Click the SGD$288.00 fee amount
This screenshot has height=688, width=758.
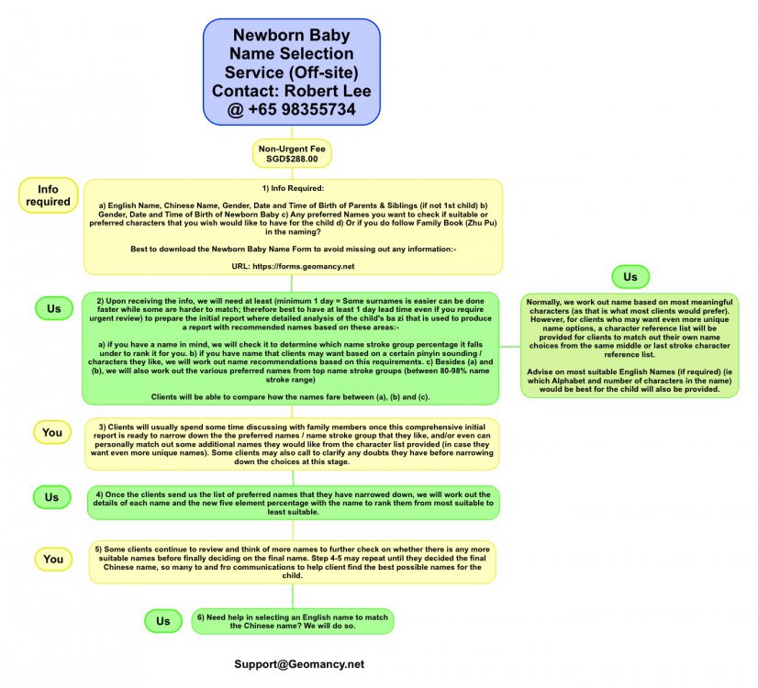[292, 159]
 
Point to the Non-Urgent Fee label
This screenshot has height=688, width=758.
[292, 148]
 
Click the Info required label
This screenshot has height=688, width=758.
[48, 195]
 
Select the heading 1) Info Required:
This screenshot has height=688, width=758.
[292, 188]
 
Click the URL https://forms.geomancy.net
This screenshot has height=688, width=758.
[292, 265]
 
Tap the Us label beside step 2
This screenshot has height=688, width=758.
[54, 308]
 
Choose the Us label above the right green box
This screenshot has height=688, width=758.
[630, 276]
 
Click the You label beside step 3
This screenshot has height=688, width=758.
[53, 431]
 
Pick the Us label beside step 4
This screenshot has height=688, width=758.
[53, 497]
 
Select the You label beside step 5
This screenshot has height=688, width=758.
[53, 558]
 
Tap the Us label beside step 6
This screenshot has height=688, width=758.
[162, 621]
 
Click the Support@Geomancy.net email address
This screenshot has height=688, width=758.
[299, 663]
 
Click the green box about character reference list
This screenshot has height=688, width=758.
[630, 344]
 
